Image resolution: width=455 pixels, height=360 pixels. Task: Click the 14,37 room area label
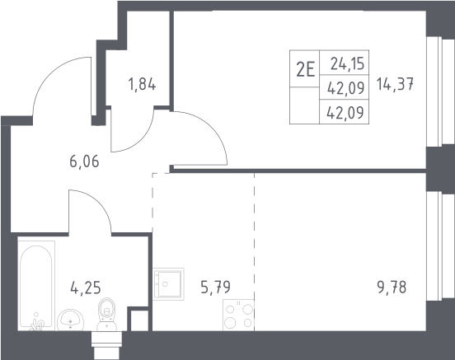pos(395,85)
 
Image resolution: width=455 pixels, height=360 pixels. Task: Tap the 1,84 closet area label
pos(142,84)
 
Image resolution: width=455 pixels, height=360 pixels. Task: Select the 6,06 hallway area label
pos(84,161)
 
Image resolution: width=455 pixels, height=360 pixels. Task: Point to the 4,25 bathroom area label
pos(86,288)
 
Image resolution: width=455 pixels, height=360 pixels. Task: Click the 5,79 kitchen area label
pos(216,288)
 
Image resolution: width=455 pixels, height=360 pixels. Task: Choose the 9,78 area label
pos(392,288)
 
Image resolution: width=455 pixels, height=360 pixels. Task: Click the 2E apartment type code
pos(305,70)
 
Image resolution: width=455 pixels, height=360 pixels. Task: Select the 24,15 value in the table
pos(347,63)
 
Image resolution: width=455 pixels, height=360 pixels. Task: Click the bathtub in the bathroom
pos(36,286)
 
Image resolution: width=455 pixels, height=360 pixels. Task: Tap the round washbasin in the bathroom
pos(71,320)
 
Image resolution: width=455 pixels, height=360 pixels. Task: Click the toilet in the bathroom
pos(107,314)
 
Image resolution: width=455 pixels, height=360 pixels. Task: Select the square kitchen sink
pos(168,284)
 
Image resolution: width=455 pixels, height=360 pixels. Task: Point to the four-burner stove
pos(238,315)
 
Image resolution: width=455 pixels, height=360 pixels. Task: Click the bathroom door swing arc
pos(99,202)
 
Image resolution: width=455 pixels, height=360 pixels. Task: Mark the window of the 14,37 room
pos(440,91)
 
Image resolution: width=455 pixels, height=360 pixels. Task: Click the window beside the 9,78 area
pos(440,246)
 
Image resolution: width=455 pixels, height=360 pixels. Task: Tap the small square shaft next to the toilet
pos(138,320)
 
